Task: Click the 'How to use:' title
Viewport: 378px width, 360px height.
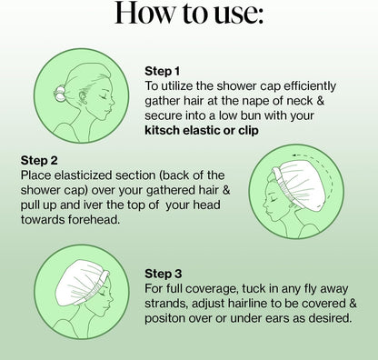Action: (189, 13)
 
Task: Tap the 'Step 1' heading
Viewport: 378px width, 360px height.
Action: (163, 71)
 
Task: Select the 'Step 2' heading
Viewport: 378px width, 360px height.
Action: (39, 160)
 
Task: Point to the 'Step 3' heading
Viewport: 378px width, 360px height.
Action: (164, 274)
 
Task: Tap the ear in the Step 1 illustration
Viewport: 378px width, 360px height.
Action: (82, 98)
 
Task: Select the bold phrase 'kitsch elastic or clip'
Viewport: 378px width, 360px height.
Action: (202, 130)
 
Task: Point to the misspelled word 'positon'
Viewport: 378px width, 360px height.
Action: (164, 318)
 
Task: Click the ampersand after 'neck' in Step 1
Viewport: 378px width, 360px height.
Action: (321, 101)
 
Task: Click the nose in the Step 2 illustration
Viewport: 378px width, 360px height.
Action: (265, 207)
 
